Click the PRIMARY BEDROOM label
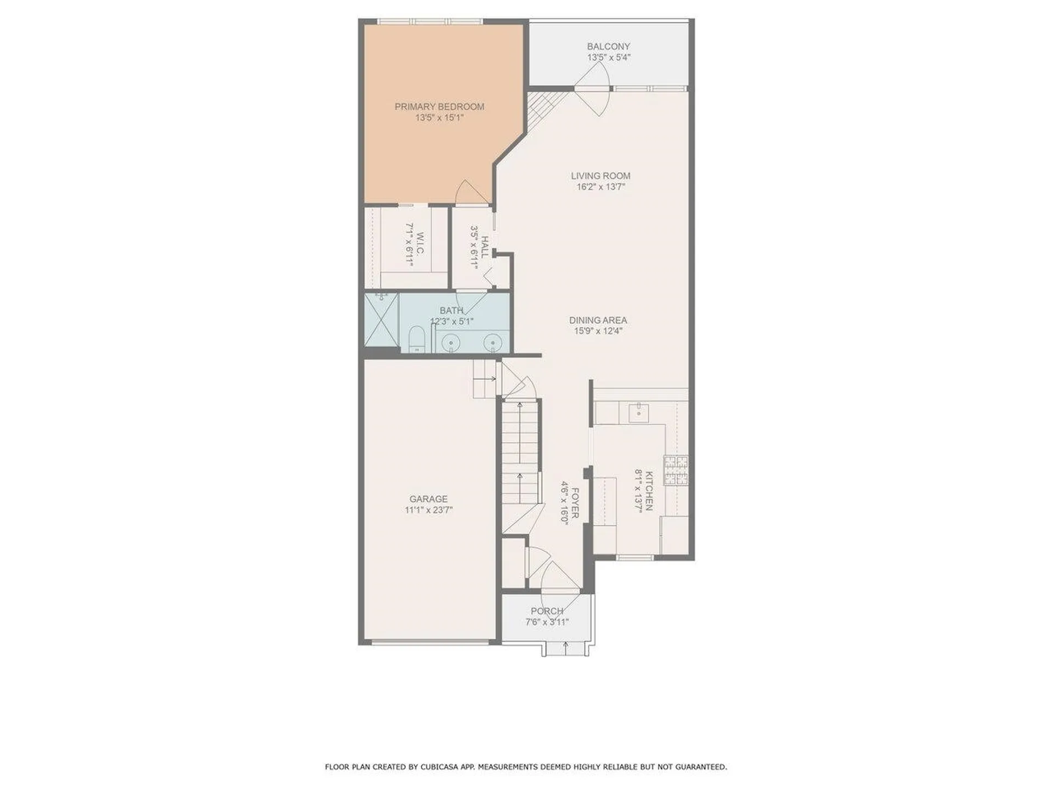click(x=439, y=107)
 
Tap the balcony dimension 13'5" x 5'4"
click(x=608, y=57)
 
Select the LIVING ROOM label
click(x=601, y=176)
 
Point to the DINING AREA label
click(x=598, y=321)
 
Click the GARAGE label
click(x=428, y=499)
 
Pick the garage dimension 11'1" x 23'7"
click(x=428, y=510)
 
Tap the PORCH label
click(x=547, y=611)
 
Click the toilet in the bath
click(x=417, y=340)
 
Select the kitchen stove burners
click(x=676, y=471)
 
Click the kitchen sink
click(x=638, y=412)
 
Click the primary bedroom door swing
click(x=469, y=193)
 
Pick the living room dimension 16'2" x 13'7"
click(x=601, y=187)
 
